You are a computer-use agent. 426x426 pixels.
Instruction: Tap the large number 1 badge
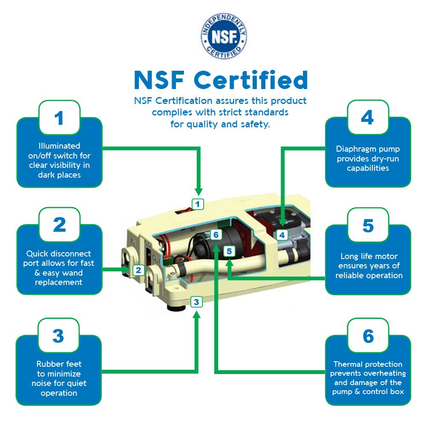tap(59, 118)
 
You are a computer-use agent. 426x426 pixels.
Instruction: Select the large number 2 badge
tap(59, 225)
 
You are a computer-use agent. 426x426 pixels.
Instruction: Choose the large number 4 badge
tap(368, 118)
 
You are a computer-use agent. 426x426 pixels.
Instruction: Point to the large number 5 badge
tap(368, 225)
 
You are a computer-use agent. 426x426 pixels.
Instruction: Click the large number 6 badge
tap(368, 336)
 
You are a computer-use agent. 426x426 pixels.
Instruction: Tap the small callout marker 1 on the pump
tap(197, 204)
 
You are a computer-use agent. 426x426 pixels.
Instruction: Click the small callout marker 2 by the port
tap(138, 270)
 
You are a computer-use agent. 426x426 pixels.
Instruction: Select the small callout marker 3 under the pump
tap(196, 302)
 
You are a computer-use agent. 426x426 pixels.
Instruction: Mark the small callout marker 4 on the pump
tap(282, 234)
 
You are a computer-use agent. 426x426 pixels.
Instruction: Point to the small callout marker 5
tap(229, 251)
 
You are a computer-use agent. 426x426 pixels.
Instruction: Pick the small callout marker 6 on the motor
tap(216, 235)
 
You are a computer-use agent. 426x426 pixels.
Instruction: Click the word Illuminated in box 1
tap(59, 146)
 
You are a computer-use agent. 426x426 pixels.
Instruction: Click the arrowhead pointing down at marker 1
tap(198, 192)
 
